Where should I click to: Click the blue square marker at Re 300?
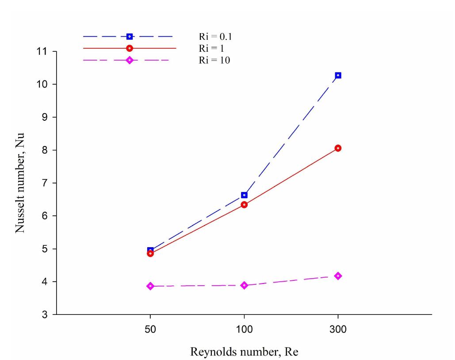click(338, 75)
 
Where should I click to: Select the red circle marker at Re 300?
click(338, 148)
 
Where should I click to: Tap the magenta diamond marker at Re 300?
click(338, 276)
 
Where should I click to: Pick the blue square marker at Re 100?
click(244, 195)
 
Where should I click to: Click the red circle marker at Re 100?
click(244, 205)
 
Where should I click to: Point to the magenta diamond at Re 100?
click(244, 285)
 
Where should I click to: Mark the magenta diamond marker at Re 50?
click(150, 286)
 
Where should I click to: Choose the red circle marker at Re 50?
click(150, 253)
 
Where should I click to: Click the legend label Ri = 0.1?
click(215, 37)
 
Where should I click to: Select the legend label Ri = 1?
click(211, 49)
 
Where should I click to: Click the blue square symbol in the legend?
click(130, 37)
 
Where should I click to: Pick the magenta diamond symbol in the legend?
click(130, 60)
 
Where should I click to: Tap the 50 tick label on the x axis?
click(150, 330)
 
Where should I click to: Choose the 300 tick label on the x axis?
click(338, 330)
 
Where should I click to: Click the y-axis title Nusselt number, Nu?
click(20, 183)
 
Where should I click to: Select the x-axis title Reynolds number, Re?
click(244, 352)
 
